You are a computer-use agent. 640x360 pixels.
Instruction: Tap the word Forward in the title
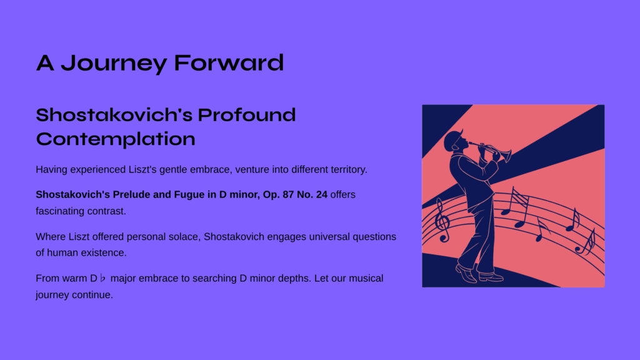tap(229, 63)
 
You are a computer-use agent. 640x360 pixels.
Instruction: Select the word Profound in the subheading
tap(246, 115)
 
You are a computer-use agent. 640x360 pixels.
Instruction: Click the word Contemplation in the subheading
tap(116, 139)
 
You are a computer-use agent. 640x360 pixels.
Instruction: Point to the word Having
tap(51, 170)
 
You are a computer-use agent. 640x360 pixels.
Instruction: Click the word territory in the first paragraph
tap(349, 170)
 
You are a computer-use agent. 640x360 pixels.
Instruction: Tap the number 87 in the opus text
tap(288, 195)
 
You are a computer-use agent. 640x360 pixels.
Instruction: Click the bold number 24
tap(322, 195)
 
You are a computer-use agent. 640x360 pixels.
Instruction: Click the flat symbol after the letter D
tap(103, 278)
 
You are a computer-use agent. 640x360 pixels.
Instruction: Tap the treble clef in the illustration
tap(442, 220)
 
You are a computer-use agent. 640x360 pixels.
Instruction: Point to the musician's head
tap(455, 141)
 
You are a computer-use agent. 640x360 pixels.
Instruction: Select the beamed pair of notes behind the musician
tap(515, 207)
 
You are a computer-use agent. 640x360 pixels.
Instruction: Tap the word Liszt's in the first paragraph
tap(142, 170)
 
